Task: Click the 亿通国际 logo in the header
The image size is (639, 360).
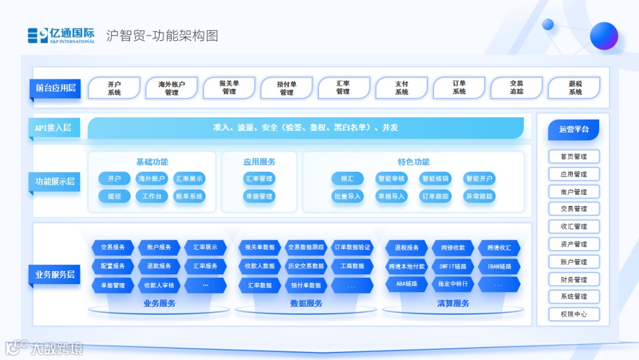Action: (61, 36)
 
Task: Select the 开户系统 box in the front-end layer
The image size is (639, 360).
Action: (114, 88)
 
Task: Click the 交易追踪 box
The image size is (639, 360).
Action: (517, 88)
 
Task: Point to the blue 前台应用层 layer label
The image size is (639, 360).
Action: (56, 88)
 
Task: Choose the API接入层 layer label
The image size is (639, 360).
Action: (53, 128)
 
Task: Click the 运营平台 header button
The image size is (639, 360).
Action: (573, 129)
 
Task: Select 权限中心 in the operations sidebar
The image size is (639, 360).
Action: (573, 314)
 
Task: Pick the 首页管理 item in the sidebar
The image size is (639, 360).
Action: (573, 156)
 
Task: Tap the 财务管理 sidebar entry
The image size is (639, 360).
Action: (573, 279)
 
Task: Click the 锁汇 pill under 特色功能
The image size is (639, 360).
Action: (347, 178)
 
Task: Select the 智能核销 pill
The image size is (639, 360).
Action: (435, 178)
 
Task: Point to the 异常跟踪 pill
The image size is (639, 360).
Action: (479, 196)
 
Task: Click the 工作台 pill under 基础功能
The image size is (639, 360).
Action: (151, 196)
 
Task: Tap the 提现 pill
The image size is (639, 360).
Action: (114, 196)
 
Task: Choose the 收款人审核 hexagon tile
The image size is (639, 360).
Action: (159, 285)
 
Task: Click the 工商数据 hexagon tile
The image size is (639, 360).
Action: (352, 266)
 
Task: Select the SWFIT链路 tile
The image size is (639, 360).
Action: (453, 266)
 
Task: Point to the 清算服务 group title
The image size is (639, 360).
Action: (453, 304)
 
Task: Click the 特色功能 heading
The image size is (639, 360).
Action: (414, 162)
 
